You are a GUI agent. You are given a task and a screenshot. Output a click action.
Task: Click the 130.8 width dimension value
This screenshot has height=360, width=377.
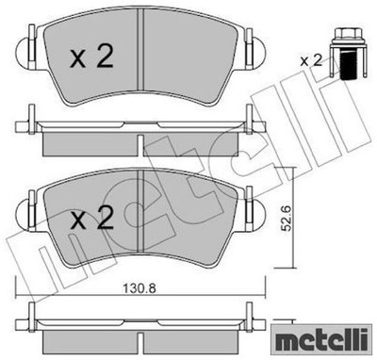[140, 287]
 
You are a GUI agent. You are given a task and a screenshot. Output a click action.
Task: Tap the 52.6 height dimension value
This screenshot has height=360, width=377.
[287, 219]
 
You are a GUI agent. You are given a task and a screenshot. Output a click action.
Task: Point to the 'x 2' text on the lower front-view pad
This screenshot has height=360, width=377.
[91, 218]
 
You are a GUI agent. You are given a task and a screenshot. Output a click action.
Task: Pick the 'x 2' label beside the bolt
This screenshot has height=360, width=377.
[311, 60]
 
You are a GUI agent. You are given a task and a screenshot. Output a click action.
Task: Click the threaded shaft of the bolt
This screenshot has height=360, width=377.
[348, 66]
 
